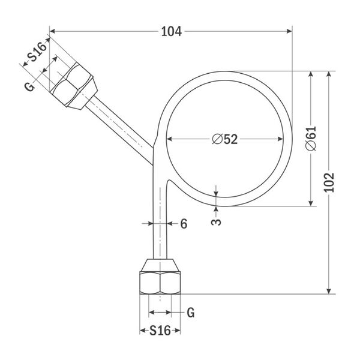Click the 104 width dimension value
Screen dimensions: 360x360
click(x=171, y=31)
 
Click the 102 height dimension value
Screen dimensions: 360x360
click(x=329, y=182)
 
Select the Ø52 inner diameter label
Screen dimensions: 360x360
click(x=225, y=139)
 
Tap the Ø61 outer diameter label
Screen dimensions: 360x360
click(x=311, y=139)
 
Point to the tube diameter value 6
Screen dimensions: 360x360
click(x=184, y=224)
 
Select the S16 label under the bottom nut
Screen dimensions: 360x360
click(x=160, y=331)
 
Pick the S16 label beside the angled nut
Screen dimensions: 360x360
click(x=37, y=52)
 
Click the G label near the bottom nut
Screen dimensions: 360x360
click(x=191, y=313)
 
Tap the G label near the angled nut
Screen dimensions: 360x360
click(x=30, y=87)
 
